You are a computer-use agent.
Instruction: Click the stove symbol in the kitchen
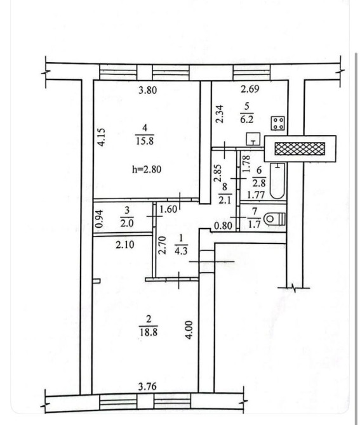278,123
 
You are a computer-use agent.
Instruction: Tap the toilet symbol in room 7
275,219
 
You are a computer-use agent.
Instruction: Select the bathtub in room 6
277,181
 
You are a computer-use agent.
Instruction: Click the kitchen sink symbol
253,139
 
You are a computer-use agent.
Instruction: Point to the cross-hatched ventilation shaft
300,149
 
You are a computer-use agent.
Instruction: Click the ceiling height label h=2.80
147,169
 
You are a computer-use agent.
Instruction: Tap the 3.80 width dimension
147,90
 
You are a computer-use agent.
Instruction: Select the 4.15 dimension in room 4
101,137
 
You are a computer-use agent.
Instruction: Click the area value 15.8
145,141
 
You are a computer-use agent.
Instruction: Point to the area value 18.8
149,332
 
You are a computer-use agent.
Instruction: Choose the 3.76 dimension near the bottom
147,386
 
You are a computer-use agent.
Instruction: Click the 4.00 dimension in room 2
189,330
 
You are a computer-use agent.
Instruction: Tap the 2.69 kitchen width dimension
250,89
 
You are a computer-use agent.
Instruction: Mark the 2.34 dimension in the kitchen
220,114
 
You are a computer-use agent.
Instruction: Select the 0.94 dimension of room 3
100,219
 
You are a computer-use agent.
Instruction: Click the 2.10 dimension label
125,245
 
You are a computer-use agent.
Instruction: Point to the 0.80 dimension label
223,226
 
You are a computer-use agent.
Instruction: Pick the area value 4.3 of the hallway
181,251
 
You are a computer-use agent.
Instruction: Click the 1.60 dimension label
168,209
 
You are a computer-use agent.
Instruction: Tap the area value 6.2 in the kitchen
247,119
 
